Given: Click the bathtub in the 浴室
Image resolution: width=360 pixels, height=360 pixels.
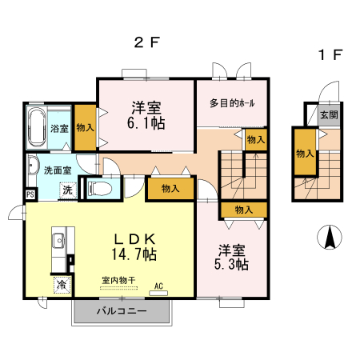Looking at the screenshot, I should [x=37, y=126].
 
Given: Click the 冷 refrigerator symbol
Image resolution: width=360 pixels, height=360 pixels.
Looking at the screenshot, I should [x=62, y=284].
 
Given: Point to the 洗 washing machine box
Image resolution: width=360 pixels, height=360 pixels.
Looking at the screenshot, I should [x=68, y=190].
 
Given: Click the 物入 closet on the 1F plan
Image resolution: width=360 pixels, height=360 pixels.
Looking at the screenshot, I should [x=305, y=153].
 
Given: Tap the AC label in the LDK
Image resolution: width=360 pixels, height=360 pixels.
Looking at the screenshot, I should [x=158, y=286].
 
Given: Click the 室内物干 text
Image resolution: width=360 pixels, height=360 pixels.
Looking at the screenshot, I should [x=118, y=280].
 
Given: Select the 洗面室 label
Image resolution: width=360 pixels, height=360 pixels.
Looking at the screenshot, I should [x=58, y=170].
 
